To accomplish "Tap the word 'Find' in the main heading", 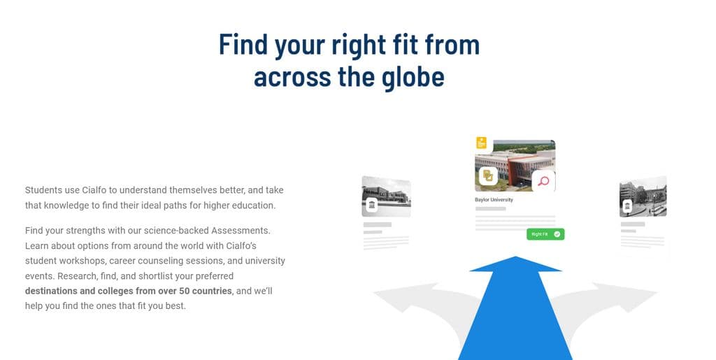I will pyautogui.click(x=243, y=44).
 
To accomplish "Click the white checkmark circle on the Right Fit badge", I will pyautogui.click(x=557, y=234).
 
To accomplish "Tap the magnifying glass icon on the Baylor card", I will pyautogui.click(x=543, y=182).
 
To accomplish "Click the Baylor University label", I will pyautogui.click(x=494, y=200).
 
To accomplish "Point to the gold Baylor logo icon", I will pyautogui.click(x=487, y=177).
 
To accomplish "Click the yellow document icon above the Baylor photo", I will pyautogui.click(x=481, y=143).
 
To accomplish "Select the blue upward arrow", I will pyautogui.click(x=515, y=308).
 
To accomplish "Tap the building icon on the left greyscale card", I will pyautogui.click(x=372, y=205).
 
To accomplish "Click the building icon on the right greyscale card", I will pyautogui.click(x=628, y=206).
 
